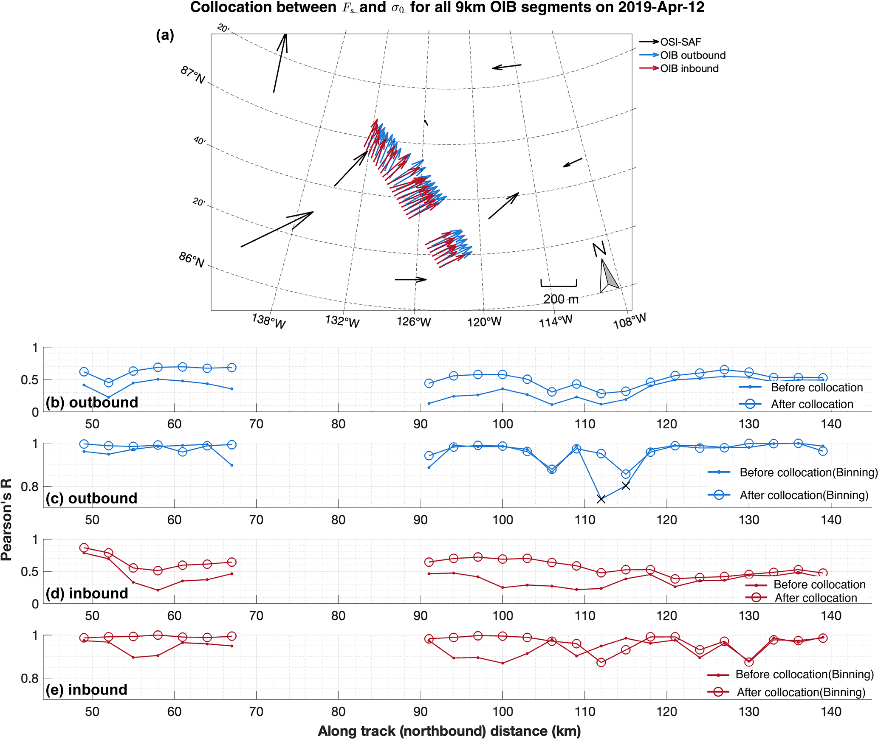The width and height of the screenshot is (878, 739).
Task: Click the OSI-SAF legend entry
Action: point(680,42)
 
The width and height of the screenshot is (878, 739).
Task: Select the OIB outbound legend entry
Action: point(692,55)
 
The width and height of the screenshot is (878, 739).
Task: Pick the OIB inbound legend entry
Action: point(689,68)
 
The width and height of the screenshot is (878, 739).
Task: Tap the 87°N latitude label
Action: point(192,75)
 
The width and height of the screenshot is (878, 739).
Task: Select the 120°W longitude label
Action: point(484,322)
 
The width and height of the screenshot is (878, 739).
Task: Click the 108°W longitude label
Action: point(629,321)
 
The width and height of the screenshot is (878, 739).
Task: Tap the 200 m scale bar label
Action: point(561,299)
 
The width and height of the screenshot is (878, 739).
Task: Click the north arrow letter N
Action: point(599,249)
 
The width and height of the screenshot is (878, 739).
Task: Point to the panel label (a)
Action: point(165,35)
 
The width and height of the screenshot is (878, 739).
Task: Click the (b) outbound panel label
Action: point(92,402)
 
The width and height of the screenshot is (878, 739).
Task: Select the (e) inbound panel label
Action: point(87,690)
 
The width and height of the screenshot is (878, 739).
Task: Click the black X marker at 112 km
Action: point(601,499)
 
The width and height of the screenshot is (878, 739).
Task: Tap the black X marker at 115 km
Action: point(626,486)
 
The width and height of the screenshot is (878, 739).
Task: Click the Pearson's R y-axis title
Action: point(6,520)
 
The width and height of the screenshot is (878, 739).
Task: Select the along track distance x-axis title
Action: point(449,731)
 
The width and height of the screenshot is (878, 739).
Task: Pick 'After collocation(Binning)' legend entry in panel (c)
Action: point(804,495)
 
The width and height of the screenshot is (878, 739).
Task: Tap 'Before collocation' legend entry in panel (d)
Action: point(819,584)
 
